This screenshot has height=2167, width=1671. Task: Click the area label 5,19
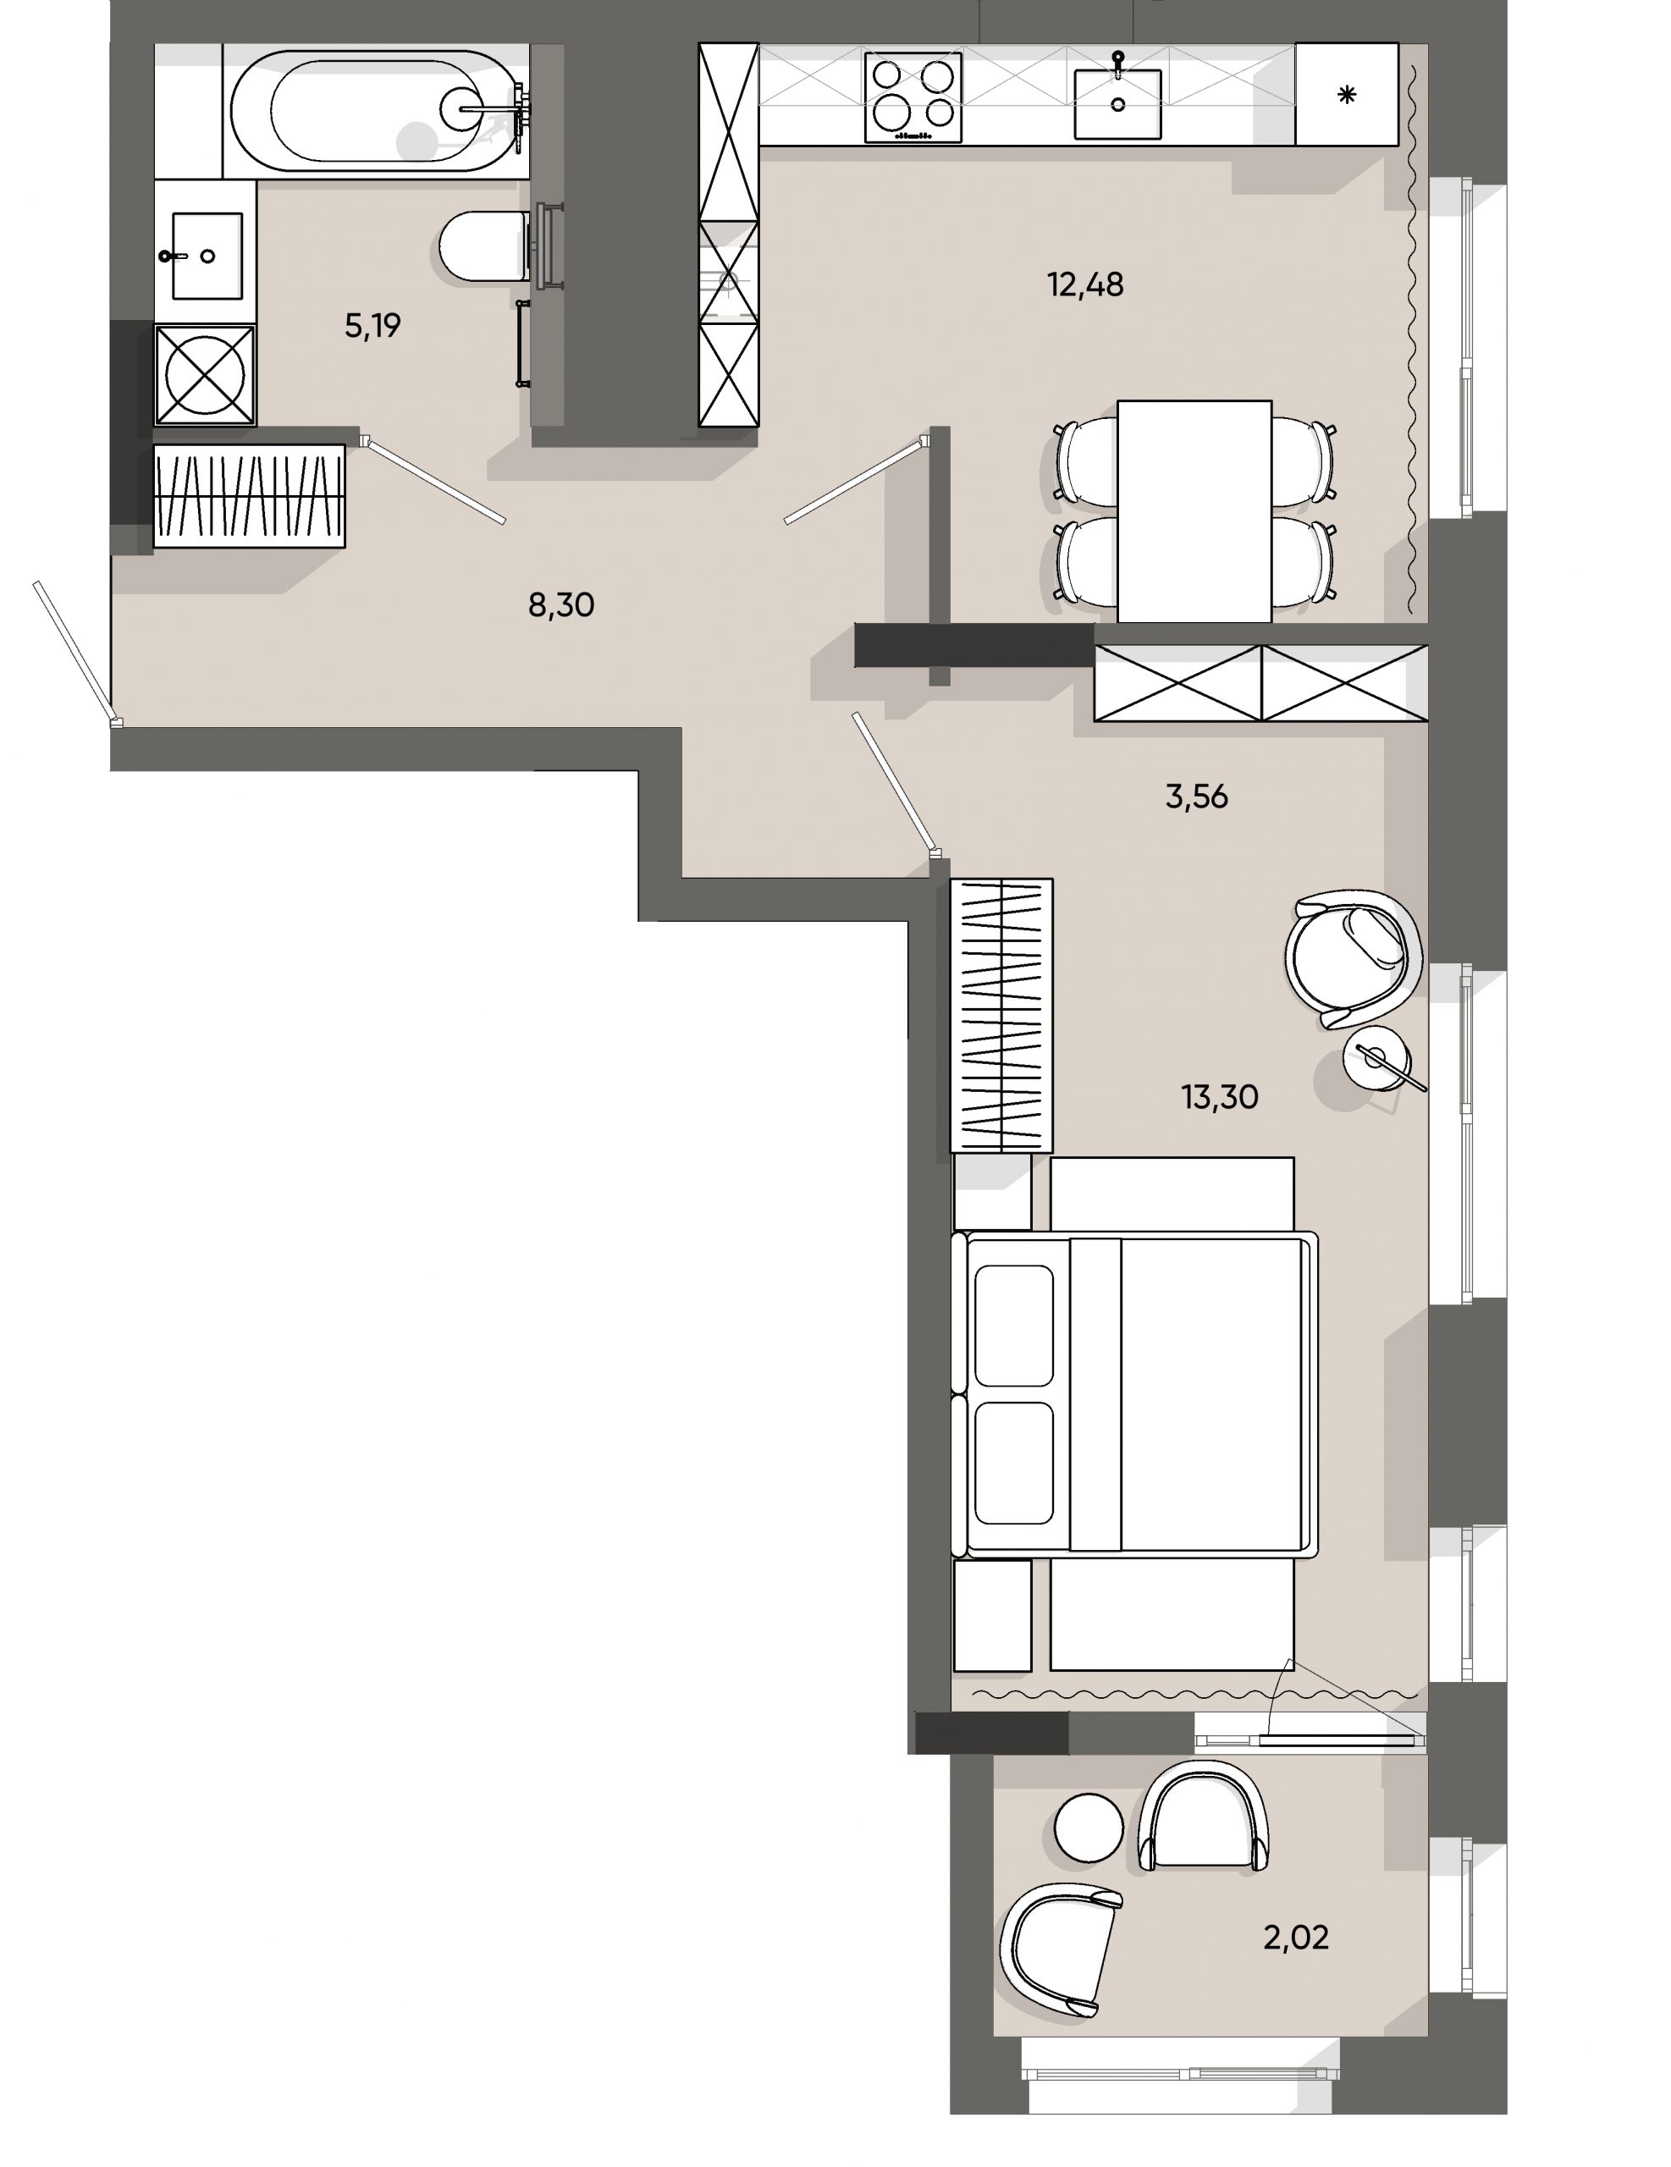pos(372,325)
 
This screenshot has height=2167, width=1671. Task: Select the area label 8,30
pos(560,604)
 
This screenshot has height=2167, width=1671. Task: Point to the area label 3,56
pos(1196,796)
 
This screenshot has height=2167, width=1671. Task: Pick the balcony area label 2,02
pos(1295,1936)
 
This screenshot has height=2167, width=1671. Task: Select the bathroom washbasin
pos(207,255)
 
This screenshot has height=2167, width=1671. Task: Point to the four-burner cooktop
pos(912,97)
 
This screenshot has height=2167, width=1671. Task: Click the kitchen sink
pos(1117,103)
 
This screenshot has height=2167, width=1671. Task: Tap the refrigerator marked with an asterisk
pos(1346,96)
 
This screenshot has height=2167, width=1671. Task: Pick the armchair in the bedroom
pos(1352,957)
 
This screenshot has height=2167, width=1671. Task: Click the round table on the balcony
pos(1089,1828)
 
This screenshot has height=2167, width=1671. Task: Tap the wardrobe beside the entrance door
pos(249,495)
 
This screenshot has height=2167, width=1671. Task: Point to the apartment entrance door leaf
pos(74,651)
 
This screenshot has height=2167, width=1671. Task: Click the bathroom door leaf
pos(437,480)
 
